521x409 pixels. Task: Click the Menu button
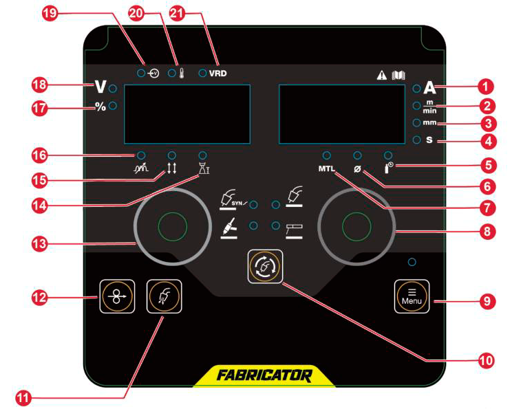[x=412, y=296]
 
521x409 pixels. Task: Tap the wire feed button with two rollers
[x=117, y=296]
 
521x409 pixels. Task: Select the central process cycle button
[x=265, y=267]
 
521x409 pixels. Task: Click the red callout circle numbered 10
[x=487, y=360]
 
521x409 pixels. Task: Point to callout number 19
[x=50, y=14]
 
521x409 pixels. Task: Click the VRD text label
[x=217, y=73]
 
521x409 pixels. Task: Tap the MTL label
[x=327, y=168]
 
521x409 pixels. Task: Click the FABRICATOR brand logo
[x=264, y=375]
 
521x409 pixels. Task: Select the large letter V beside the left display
[x=100, y=87]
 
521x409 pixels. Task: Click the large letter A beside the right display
[x=429, y=88]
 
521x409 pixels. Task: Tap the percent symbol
[x=100, y=107]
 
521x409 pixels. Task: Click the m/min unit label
[x=429, y=107]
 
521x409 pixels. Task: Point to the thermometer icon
[x=182, y=73]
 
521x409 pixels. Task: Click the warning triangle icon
[x=382, y=76]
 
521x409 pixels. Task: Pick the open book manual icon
[x=398, y=76]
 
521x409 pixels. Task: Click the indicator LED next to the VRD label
[x=202, y=73]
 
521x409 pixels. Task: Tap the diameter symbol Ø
[x=357, y=169]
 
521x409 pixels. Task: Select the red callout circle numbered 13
[x=40, y=244]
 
